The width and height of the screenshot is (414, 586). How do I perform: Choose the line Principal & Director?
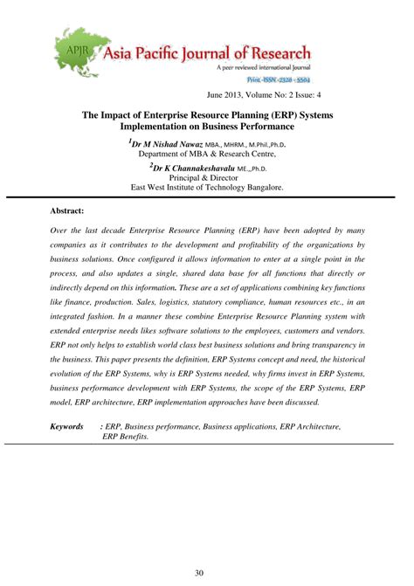pyautogui.click(x=206, y=177)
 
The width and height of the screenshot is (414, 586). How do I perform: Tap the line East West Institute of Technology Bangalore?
pyautogui.click(x=206, y=187)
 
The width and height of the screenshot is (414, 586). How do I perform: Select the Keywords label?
pyautogui.click(x=66, y=426)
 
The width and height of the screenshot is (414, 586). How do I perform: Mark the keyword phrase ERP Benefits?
pyautogui.click(x=126, y=437)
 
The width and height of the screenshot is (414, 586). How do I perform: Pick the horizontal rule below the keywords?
pyautogui.click(x=207, y=445)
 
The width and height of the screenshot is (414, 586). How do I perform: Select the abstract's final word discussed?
pyautogui.click(x=299, y=402)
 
